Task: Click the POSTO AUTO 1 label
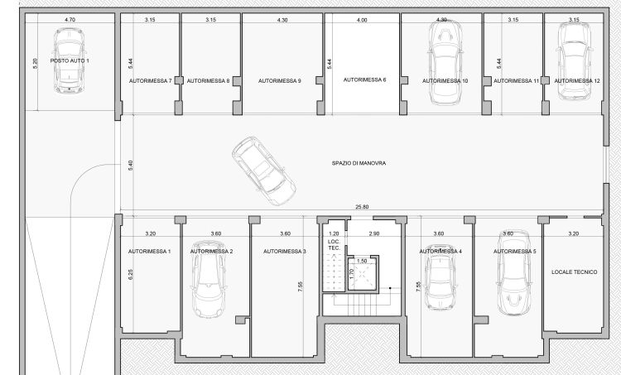70,61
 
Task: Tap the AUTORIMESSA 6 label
364,80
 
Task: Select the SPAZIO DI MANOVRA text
359,163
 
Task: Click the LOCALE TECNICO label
575,272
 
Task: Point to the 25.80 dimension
362,207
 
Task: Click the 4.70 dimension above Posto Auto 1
70,19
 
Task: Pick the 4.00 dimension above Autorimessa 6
362,20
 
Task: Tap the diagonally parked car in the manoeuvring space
264,171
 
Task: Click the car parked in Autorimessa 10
445,62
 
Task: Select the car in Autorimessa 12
575,60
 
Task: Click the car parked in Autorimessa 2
209,279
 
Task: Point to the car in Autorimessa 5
513,272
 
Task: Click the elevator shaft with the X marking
363,274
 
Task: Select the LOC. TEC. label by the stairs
335,245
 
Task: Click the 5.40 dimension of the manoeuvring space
131,166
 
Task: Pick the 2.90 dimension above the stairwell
374,233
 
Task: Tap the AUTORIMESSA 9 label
280,81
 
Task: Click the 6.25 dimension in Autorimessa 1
131,274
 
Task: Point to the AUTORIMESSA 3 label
285,252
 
